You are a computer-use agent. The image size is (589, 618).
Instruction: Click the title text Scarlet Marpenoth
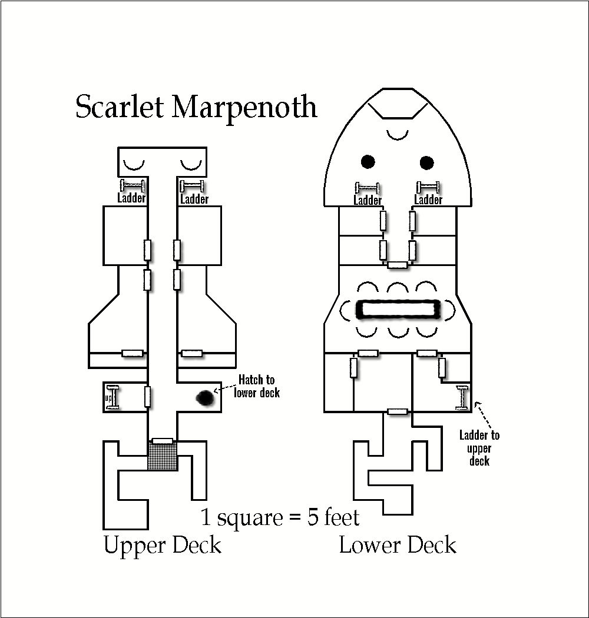pos(196,107)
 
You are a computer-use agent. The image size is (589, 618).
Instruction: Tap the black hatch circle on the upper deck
pos(205,398)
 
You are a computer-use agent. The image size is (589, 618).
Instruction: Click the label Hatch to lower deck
pos(256,386)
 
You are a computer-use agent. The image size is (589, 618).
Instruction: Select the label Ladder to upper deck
pos(479,448)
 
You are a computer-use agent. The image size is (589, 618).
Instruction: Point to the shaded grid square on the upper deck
pos(163,456)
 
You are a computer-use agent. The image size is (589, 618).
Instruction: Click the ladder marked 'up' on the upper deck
pos(113,397)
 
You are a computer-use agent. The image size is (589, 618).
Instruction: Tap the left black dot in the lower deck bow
pos(368,162)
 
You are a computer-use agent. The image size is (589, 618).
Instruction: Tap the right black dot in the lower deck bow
pos(427,162)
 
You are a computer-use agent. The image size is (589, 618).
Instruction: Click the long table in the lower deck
pos(398,310)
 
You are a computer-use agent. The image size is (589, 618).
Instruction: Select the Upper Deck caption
pos(162,545)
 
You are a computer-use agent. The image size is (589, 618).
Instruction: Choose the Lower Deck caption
pos(398,545)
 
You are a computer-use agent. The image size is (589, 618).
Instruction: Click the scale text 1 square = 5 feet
pos(280,517)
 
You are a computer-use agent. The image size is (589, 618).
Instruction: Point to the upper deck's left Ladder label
pos(131,198)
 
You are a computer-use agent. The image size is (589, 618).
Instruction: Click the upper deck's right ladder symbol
pos(192,185)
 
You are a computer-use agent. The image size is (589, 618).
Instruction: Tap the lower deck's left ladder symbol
pos(368,188)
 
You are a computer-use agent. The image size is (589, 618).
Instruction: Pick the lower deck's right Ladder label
pos(428,200)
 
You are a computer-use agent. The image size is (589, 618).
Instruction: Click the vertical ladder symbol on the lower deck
pos(462,398)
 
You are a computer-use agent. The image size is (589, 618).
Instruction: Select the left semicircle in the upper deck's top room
pos(134,164)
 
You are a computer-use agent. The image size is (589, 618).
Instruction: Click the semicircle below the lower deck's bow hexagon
pos(397,135)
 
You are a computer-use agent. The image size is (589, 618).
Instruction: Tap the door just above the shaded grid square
pos(163,441)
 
